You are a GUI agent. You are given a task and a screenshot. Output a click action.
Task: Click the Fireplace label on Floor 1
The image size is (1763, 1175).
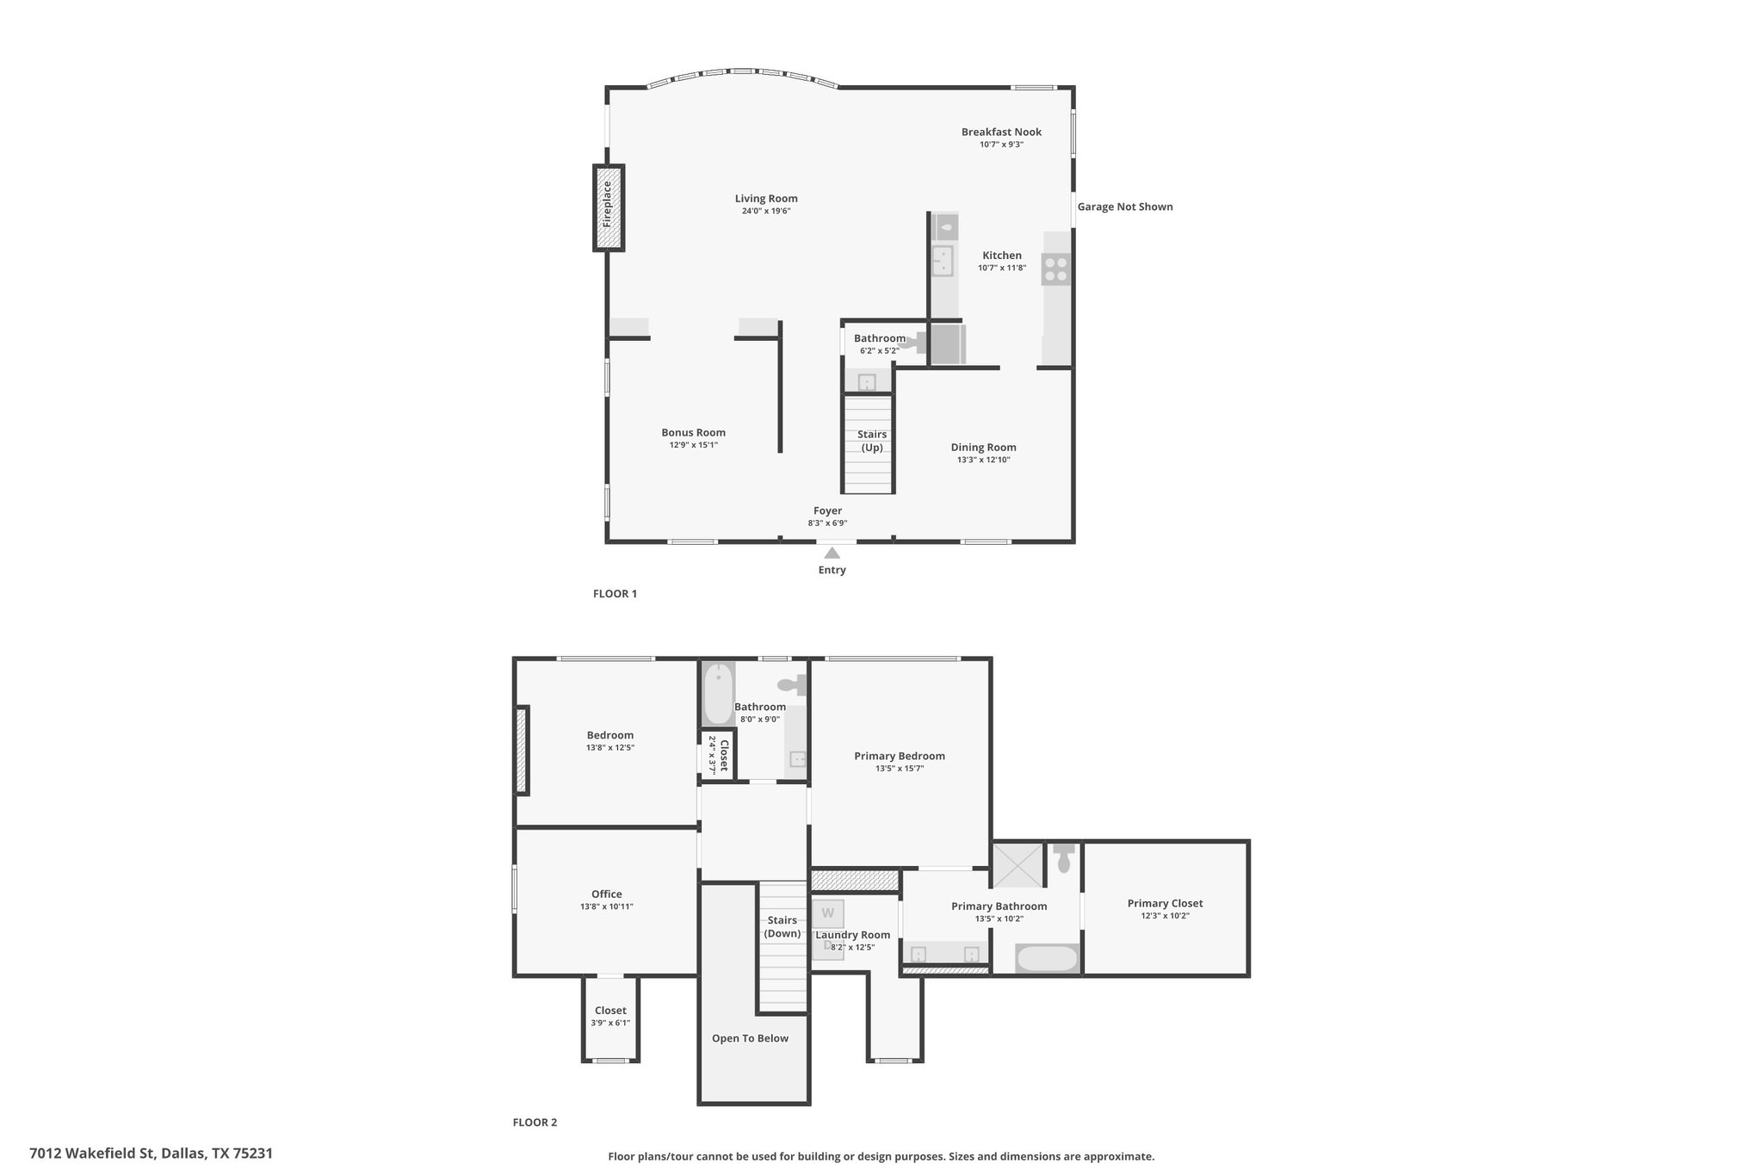click(608, 203)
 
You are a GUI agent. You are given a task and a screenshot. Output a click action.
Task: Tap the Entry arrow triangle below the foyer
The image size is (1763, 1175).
click(832, 553)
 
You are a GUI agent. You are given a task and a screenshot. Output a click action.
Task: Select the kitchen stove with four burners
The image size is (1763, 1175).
click(1055, 269)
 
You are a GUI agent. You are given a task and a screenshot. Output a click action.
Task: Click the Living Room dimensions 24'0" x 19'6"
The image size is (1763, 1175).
click(766, 211)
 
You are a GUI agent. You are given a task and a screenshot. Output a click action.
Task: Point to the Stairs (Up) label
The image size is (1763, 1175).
click(872, 441)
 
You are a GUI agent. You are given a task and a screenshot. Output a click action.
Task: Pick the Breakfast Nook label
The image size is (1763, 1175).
click(1001, 132)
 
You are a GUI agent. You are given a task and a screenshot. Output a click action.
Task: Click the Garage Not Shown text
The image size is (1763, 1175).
click(1125, 207)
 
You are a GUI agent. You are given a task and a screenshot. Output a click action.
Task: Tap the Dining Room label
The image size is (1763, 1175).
click(983, 447)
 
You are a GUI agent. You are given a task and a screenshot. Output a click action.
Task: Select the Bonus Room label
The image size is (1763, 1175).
click(693, 432)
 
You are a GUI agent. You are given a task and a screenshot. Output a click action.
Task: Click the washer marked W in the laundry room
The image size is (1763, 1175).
click(828, 912)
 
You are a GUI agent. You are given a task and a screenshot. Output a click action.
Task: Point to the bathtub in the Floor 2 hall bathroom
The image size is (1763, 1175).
click(719, 694)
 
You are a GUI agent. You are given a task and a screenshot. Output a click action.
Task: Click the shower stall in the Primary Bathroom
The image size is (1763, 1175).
click(1017, 865)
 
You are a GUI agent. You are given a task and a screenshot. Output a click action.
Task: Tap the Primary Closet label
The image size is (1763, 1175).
click(1165, 903)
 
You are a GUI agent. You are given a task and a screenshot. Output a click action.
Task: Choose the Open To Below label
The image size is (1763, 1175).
click(750, 1038)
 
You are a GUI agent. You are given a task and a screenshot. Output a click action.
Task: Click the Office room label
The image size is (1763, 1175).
click(606, 894)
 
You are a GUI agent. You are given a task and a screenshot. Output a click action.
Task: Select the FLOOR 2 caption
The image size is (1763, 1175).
click(535, 1122)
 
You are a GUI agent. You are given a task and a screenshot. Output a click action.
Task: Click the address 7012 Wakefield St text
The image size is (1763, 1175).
click(95, 1153)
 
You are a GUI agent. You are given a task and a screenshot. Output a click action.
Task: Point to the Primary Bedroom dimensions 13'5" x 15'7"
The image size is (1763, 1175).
click(900, 769)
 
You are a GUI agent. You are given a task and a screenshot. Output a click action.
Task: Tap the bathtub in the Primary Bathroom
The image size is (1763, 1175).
click(1047, 959)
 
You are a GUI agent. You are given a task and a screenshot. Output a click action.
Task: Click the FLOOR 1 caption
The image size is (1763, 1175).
click(615, 593)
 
